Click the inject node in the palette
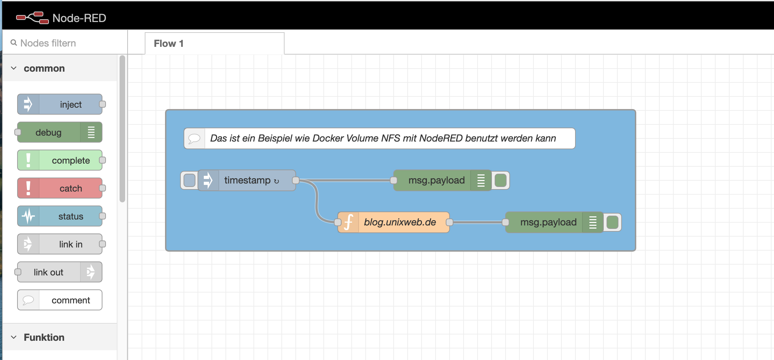coord(60,104)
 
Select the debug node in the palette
coord(60,132)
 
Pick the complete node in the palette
coord(60,160)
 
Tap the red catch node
coord(60,188)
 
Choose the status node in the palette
coord(60,216)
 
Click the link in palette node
coord(60,244)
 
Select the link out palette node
coord(60,272)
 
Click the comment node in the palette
coord(60,300)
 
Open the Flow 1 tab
coord(214,43)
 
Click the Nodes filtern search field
coord(66,43)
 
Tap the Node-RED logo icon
coord(32,17)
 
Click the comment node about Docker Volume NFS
coord(379,138)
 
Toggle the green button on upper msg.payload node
coord(501,180)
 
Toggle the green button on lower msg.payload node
coord(612,222)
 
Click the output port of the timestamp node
coord(296,180)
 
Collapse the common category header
coord(44,68)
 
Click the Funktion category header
coord(44,337)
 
